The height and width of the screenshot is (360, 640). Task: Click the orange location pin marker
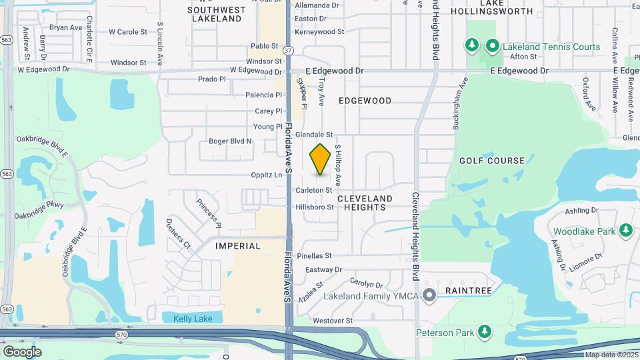tap(321, 159)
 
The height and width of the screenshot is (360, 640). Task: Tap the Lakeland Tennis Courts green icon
tap(493, 46)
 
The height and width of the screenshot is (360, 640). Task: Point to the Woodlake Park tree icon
tap(625, 231)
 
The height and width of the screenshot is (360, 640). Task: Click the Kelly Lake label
tap(193, 319)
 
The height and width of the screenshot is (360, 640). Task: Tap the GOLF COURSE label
tap(492, 161)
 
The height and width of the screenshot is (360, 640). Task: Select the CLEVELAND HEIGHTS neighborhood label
tap(365, 203)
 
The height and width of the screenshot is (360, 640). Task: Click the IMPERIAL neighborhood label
tap(238, 246)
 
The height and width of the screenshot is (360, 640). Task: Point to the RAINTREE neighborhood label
tap(469, 291)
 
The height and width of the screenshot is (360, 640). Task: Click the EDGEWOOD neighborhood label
tap(365, 101)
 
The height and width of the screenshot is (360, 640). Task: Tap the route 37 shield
tap(287, 50)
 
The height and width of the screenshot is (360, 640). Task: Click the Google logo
tap(22, 351)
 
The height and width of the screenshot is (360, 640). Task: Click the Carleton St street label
tap(314, 190)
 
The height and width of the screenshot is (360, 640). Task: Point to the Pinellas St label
tap(314, 255)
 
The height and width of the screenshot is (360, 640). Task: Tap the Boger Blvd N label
tap(230, 141)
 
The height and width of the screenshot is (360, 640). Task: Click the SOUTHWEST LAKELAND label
tap(216, 15)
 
